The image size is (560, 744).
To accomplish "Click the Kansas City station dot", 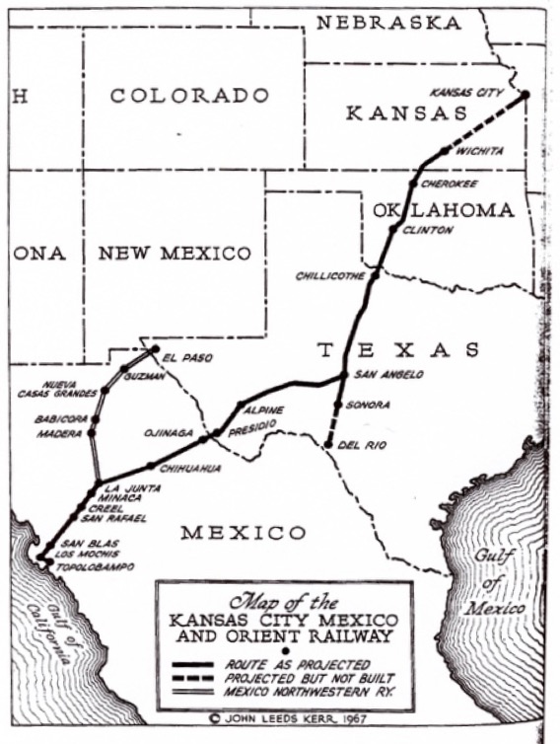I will click(x=525, y=95).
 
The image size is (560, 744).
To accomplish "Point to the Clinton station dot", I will click(x=394, y=229).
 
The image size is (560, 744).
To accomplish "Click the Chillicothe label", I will click(x=330, y=276).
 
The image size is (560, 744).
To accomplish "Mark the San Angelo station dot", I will click(x=342, y=376).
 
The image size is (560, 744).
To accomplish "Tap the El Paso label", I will click(x=188, y=357).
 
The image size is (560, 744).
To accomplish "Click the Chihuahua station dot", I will click(x=151, y=466).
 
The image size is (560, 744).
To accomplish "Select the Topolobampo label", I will click(x=90, y=568).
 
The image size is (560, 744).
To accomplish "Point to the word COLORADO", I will click(x=189, y=96).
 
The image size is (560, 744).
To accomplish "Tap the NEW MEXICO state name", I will click(x=175, y=254).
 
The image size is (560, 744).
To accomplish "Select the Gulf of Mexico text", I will click(x=505, y=582).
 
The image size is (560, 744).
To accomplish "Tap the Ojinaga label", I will click(x=179, y=430).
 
